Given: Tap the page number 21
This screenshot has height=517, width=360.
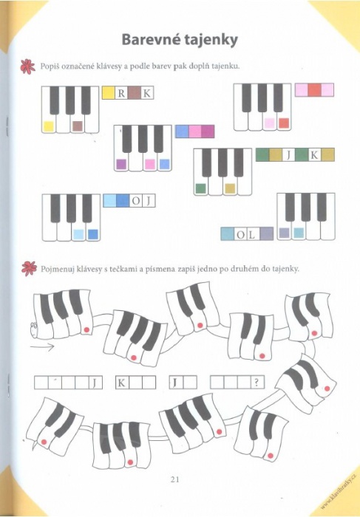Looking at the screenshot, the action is coord(175,479).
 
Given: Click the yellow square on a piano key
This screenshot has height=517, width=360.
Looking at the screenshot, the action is coord(49,126).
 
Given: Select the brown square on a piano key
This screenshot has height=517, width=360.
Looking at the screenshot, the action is coord(78,126).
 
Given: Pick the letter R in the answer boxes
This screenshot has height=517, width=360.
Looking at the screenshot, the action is coord(121,94).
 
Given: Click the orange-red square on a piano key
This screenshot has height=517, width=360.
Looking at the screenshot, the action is coord(284,123).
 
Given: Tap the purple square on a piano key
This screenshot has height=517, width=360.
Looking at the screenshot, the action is coord(121,164).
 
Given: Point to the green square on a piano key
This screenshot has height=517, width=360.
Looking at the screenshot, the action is coord(201,188).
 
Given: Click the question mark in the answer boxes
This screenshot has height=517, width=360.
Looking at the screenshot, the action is coord(257,383).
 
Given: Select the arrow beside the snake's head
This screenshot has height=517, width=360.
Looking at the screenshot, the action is coord(42,346).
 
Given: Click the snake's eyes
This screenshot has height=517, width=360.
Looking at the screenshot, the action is coord(33,326).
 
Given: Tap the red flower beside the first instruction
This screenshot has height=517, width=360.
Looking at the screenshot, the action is coord(27,66).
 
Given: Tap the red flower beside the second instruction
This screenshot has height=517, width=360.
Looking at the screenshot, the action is coord(29,268).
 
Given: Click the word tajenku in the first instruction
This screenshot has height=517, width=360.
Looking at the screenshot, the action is coord(225,66).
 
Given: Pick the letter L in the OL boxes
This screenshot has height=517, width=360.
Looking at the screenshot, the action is coord(251,235).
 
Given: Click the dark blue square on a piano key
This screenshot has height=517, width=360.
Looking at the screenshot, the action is coord(93,234).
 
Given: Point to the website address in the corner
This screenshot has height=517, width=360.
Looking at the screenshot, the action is coord(339,494).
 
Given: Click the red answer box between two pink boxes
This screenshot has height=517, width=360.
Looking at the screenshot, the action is coord(314,89).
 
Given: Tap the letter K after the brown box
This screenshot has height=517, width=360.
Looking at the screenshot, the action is coord(146,94).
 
